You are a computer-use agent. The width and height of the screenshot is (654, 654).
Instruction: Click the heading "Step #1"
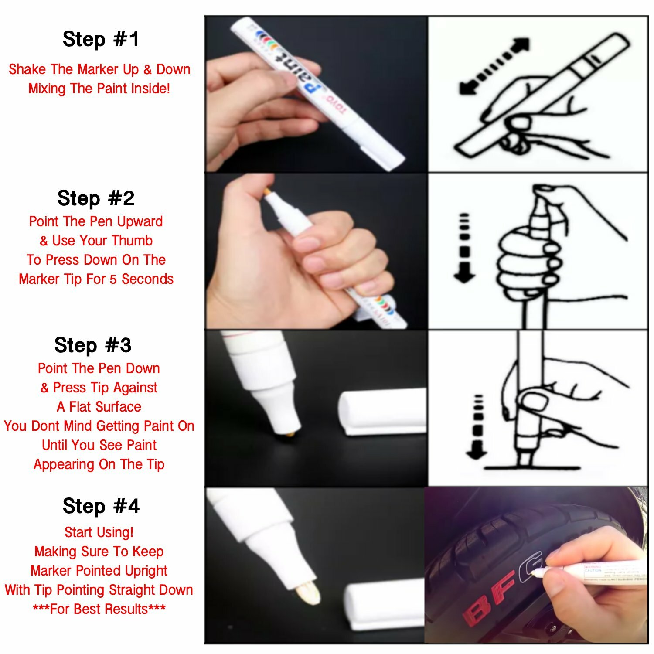101,39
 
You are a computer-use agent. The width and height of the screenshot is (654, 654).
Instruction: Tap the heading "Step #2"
96,198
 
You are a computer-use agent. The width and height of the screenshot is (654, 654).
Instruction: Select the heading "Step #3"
93,345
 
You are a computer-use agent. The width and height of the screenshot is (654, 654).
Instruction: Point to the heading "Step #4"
101,506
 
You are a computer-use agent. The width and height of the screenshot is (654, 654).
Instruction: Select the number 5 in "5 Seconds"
113,279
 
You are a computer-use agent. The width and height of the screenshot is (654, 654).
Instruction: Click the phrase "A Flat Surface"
99,407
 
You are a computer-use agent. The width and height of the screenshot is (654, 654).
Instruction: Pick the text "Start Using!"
99,532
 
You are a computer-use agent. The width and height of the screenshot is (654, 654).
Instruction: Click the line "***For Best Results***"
99,609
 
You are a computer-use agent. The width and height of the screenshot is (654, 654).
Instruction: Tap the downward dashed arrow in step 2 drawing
464,249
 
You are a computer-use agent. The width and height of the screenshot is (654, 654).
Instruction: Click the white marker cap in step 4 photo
384,606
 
